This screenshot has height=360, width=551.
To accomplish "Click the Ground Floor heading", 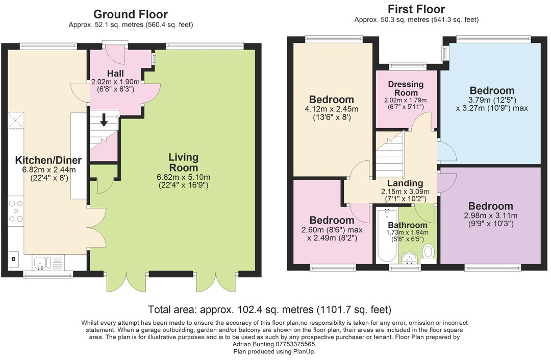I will point(131,14).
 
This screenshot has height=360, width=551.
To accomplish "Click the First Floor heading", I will point(416,9).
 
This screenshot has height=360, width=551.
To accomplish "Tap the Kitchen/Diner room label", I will point(45,160).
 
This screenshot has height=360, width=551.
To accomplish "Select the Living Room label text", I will point(184,162).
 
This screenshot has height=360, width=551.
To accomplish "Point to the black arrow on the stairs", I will point(104,120).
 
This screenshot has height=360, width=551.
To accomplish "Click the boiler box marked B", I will point(14,259).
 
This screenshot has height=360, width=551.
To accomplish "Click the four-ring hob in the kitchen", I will point(16,211).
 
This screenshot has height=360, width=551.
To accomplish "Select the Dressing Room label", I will point(406,88).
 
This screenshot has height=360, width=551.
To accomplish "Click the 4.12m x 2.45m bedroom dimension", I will point(331,109).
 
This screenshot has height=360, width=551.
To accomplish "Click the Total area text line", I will point(269,309).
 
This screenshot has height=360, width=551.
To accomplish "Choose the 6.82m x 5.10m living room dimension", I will point(184,177).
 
